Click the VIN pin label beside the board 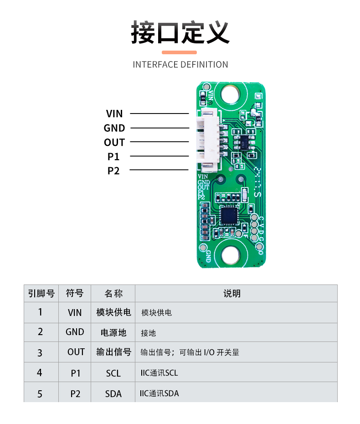tap(114, 114)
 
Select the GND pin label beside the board tap(114, 128)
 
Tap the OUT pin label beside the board tap(114, 142)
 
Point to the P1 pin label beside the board tap(113, 156)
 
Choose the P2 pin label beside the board tap(113, 171)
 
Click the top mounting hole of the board tap(231, 94)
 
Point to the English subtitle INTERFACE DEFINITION tap(180, 65)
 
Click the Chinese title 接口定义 tap(180, 32)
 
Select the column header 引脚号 tap(41, 294)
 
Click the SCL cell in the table tap(113, 373)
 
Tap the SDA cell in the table tap(113, 393)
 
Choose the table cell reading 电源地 tap(113, 332)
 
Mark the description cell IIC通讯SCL tap(159, 373)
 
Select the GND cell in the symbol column tap(75, 332)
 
